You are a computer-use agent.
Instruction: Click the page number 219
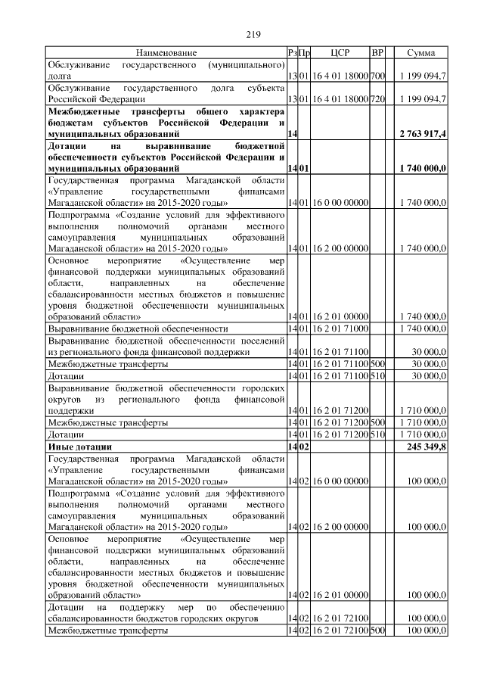[x=253, y=34]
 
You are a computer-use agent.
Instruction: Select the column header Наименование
[x=166, y=53]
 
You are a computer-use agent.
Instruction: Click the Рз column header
[x=292, y=53]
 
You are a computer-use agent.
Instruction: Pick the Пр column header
[x=305, y=53]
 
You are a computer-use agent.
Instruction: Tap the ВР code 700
[x=378, y=76]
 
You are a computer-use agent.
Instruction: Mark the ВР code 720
[x=378, y=99]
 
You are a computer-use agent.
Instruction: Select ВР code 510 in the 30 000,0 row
[x=378, y=375]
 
